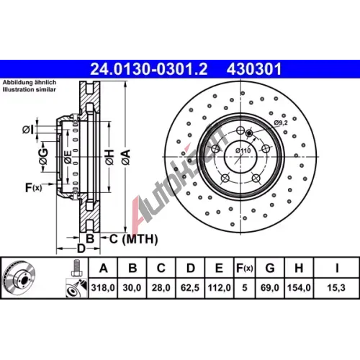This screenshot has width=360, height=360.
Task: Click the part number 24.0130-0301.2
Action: click(148, 69)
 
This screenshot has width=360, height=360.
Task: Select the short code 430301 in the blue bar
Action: click(253, 69)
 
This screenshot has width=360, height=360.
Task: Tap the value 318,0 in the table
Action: click(103, 287)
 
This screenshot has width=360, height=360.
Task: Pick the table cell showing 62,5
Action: click(190, 287)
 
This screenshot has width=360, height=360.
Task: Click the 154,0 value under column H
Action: click(299, 287)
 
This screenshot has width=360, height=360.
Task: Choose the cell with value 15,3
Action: click(336, 287)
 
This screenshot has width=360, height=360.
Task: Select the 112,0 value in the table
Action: click(219, 287)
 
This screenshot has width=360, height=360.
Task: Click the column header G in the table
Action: click(270, 268)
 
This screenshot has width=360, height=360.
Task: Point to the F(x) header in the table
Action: click(244, 268)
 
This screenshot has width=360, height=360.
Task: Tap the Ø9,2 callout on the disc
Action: click(281, 123)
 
